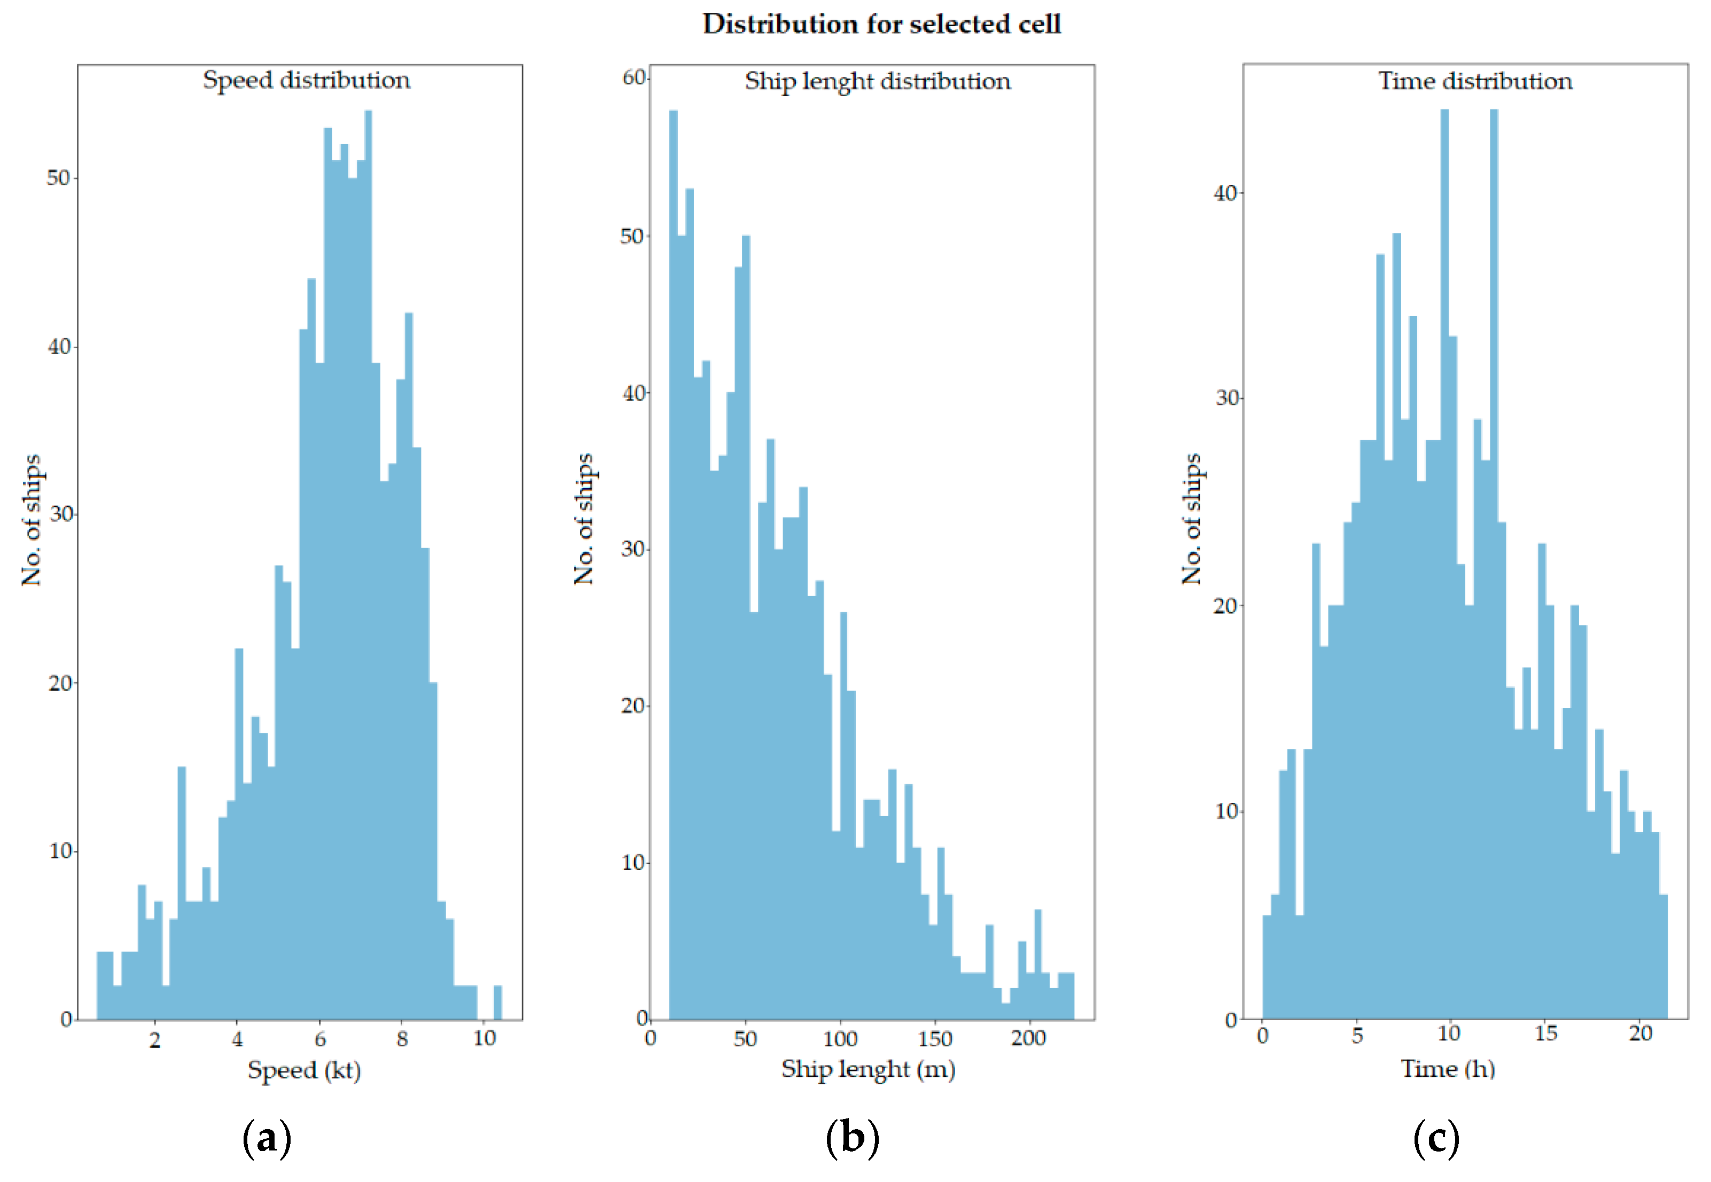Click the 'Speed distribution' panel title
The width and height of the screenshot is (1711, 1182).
[306, 80]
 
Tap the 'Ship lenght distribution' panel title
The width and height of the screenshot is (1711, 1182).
[877, 81]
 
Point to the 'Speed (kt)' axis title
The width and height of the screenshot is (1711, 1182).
[303, 1070]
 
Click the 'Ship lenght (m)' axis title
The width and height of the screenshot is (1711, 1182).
[868, 1069]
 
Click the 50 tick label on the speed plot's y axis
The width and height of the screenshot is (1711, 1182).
[58, 178]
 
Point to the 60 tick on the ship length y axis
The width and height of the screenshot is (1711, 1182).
[634, 78]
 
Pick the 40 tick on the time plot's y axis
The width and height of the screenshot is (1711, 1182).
[1226, 193]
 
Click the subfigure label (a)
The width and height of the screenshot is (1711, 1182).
[267, 1138]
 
